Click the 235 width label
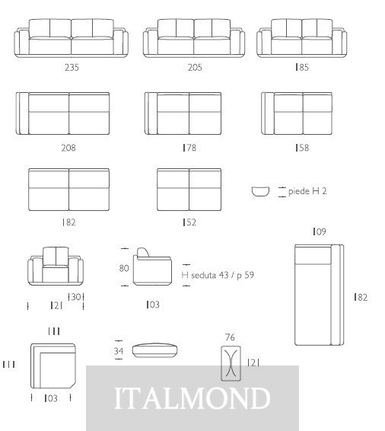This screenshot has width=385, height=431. click(x=72, y=67)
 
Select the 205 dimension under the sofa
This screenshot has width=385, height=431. click(x=195, y=67)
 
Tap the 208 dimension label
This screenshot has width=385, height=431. click(x=68, y=148)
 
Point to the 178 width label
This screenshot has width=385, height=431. click(x=189, y=148)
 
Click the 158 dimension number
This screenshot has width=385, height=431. click(x=302, y=148)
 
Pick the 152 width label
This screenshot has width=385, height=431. click(x=189, y=222)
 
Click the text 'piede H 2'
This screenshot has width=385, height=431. click(x=307, y=191)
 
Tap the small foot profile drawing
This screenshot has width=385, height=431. click(x=260, y=191)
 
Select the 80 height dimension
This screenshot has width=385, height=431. click(x=124, y=268)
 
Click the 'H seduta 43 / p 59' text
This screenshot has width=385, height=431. click(x=218, y=275)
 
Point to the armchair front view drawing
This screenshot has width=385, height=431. click(x=56, y=266)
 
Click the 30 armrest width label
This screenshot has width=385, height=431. click(x=76, y=297)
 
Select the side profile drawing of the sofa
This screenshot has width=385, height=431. click(x=153, y=267)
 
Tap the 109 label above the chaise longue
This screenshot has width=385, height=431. click(x=320, y=231)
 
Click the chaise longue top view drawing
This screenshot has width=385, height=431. click(x=319, y=295)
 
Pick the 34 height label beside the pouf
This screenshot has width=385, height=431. click(x=119, y=351)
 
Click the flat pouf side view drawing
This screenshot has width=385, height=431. click(x=154, y=350)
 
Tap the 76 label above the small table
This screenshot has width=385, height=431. click(x=230, y=337)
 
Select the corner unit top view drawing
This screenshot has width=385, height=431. click(x=53, y=366)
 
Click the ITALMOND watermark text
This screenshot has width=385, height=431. click(x=192, y=397)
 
